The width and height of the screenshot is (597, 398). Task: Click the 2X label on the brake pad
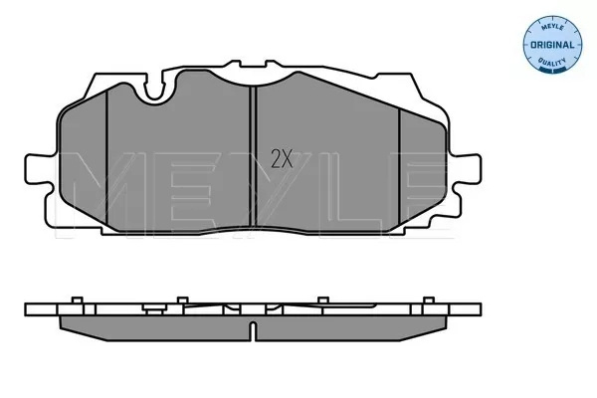(x=282, y=159)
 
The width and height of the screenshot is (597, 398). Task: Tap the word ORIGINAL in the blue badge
(x=552, y=45)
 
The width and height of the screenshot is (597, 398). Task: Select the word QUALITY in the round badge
(x=552, y=62)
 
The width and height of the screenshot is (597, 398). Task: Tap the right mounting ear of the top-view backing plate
(x=466, y=170)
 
